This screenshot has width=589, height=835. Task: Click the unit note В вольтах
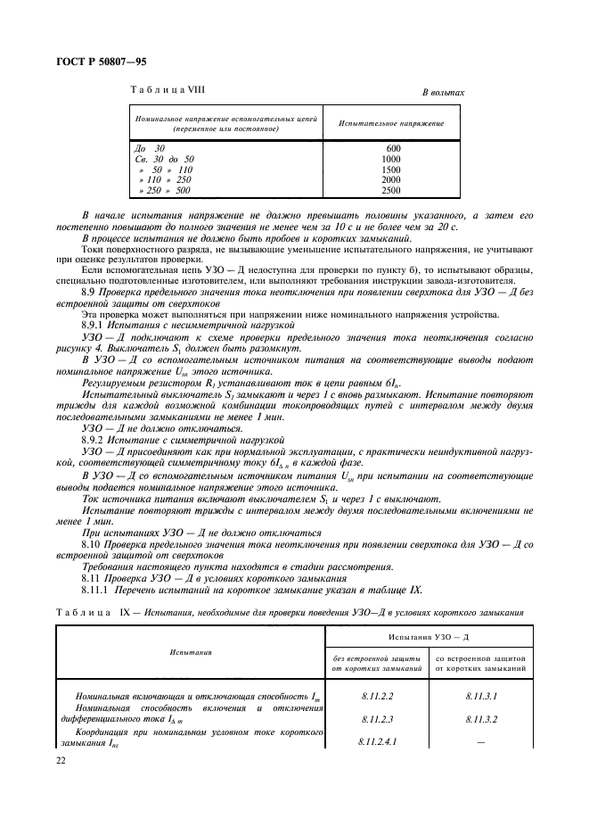[443, 93]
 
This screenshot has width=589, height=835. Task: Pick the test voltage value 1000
[392, 158]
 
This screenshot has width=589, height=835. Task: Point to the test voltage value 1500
[392, 169]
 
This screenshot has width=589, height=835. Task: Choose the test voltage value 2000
[392, 179]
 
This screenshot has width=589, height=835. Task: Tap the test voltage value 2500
[392, 190]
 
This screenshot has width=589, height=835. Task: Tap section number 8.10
[91, 543]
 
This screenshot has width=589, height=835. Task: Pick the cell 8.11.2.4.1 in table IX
[381, 740]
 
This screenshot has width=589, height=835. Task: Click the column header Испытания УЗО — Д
[430, 637]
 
